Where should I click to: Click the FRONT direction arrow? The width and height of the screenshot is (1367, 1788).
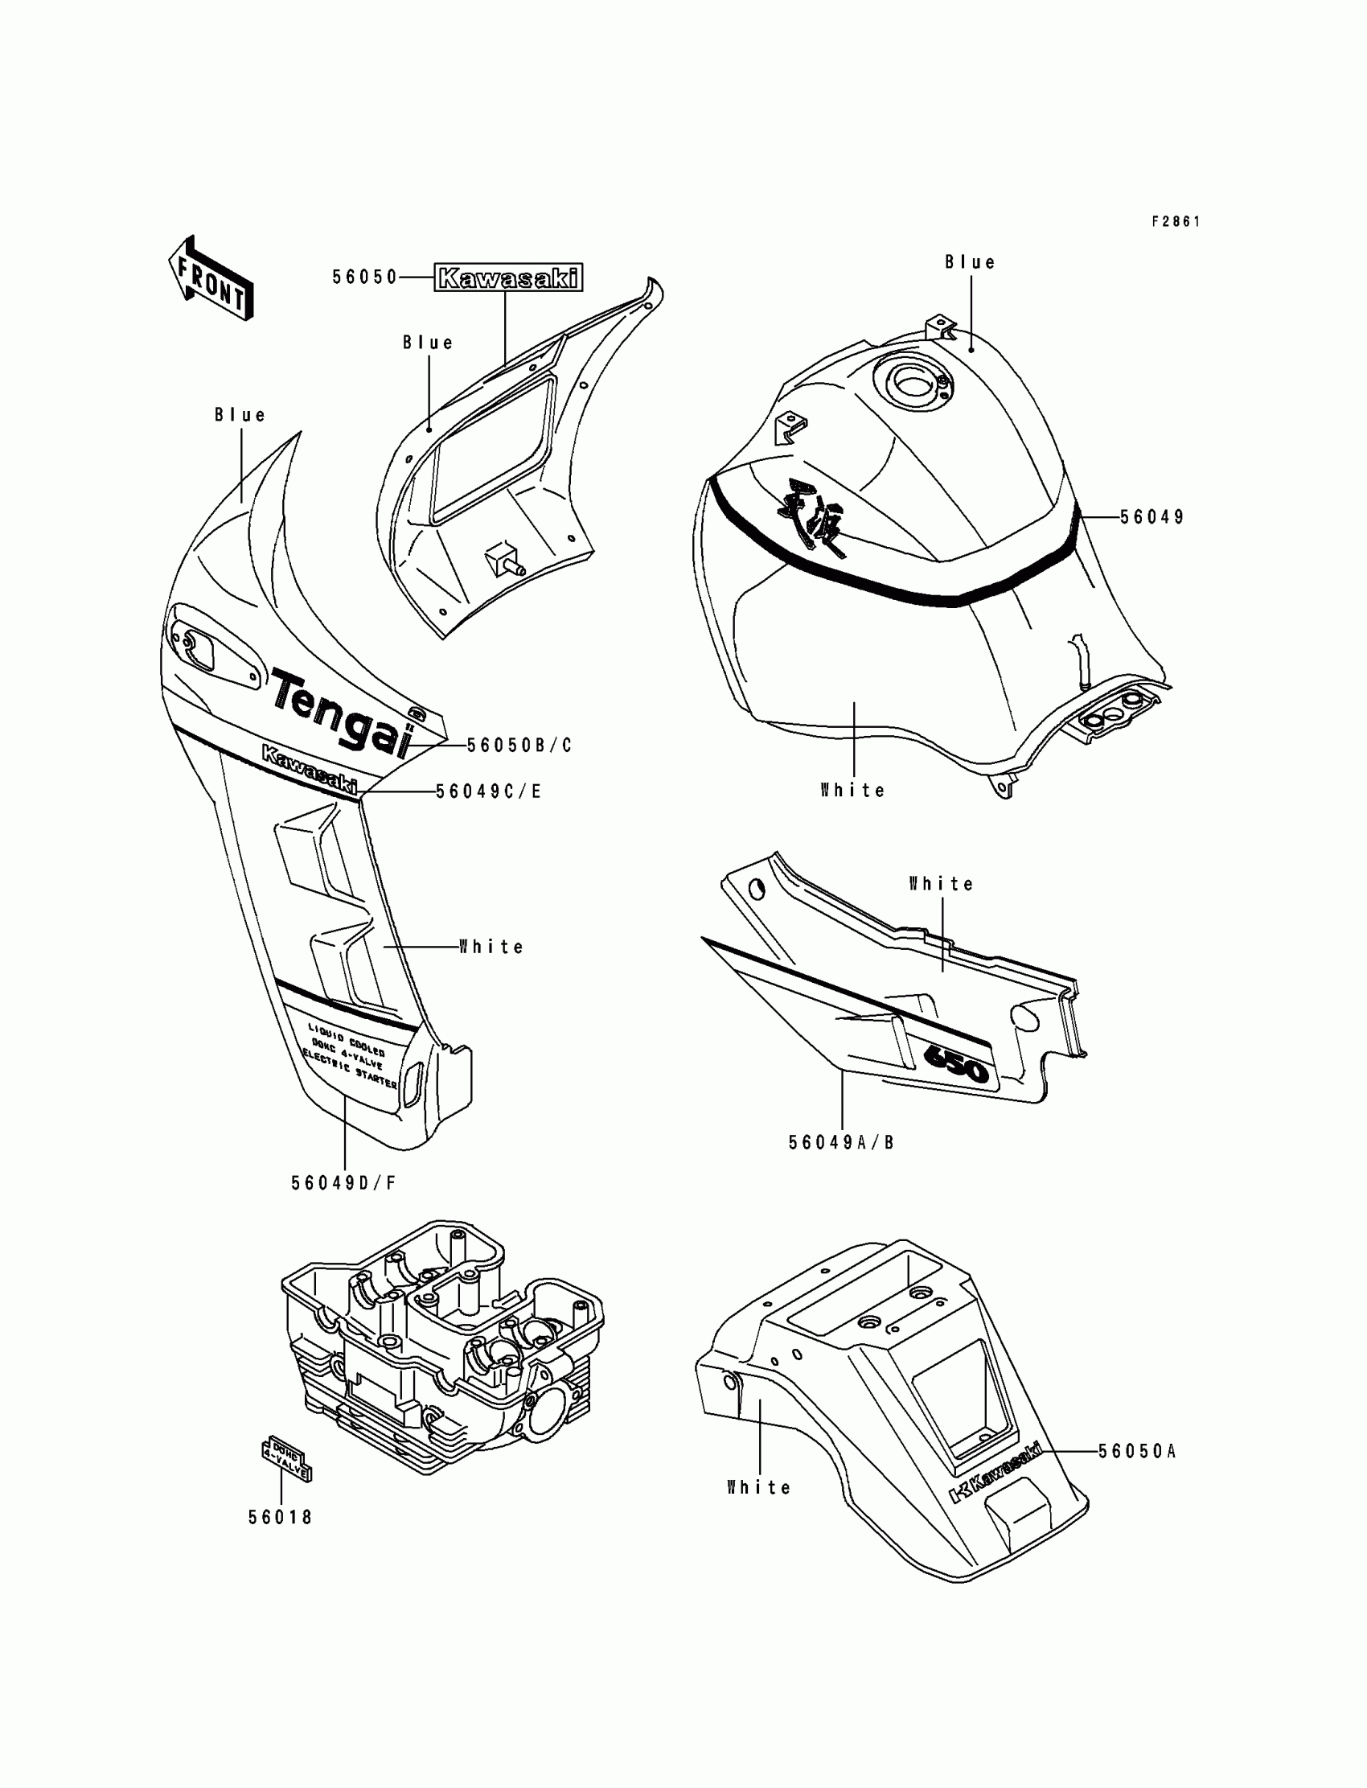pos(211,278)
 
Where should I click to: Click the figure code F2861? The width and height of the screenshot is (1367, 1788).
pos(1176,221)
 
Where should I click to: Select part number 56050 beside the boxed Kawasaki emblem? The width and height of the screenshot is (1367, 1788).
pos(363,277)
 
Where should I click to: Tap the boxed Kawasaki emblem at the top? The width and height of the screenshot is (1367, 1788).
pos(508,278)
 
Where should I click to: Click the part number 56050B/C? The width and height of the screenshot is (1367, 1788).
pos(519,746)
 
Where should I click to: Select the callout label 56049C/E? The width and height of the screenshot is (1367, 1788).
pos(488,791)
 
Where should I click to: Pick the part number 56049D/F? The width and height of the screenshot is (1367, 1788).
pos(343,1183)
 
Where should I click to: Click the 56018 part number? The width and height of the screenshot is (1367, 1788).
pos(281,1517)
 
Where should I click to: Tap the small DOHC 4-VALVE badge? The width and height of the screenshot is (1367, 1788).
pos(285,1462)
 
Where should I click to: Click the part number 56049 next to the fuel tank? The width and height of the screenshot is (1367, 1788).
pos(1152,517)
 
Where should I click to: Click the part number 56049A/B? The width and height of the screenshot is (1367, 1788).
pos(840,1143)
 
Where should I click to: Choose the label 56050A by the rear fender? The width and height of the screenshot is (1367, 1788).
pos(1137,1451)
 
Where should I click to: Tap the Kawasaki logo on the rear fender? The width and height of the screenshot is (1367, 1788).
pos(996,1471)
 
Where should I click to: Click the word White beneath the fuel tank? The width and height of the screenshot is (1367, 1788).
pos(852,790)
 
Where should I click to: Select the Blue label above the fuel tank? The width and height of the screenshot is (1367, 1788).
pos(970,262)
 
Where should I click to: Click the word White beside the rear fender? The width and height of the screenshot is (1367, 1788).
pos(758,1488)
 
